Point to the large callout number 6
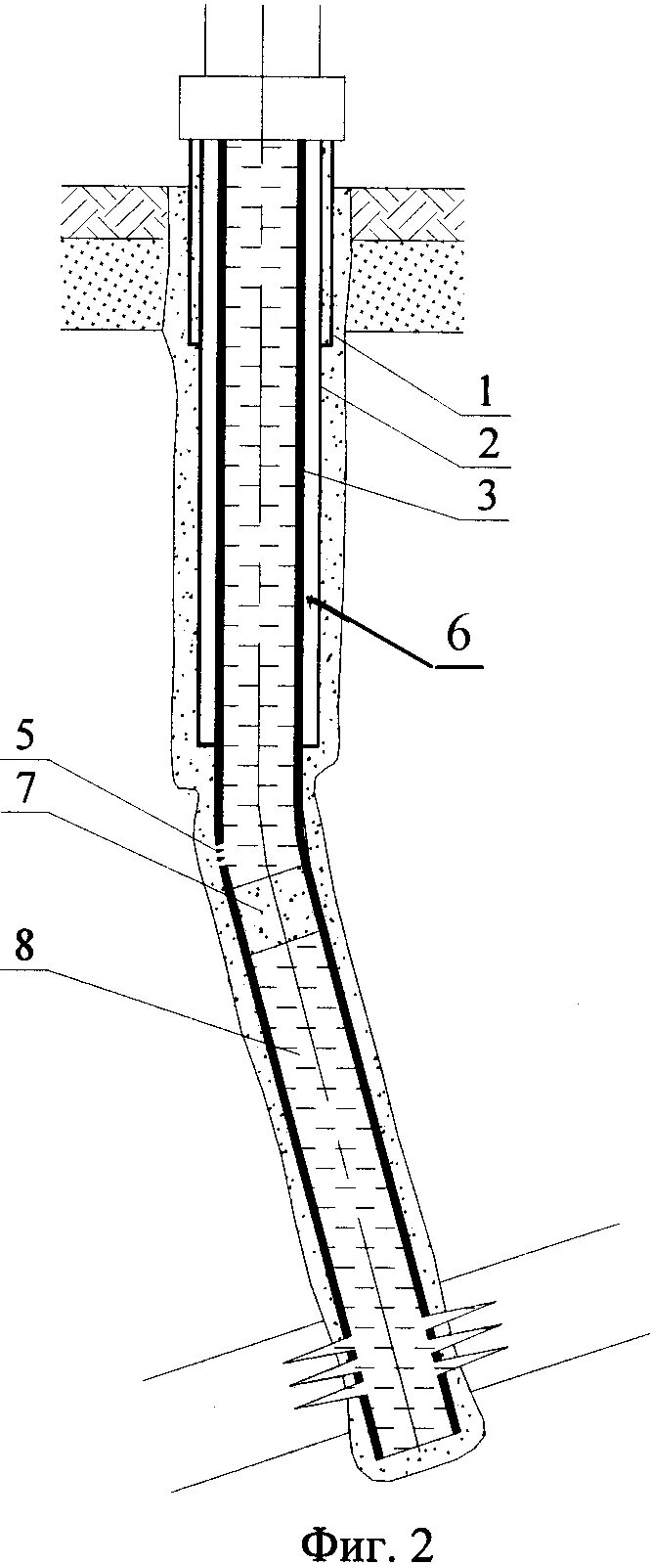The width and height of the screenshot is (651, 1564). click(x=458, y=634)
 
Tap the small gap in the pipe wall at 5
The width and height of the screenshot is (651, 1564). click(x=220, y=854)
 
